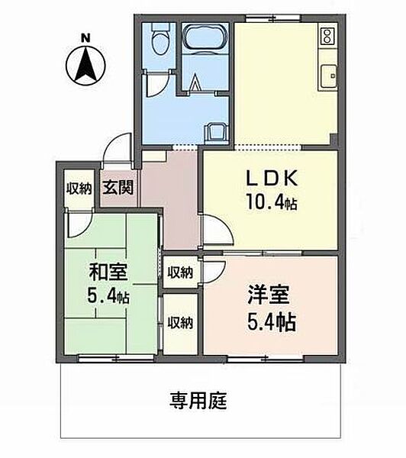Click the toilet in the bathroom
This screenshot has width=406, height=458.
pos(160,40)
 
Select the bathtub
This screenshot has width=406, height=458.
pos(205,37)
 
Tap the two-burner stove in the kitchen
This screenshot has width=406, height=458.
pos(327,36)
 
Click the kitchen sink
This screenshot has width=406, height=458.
pos(329,76)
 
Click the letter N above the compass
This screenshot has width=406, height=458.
pos(85,38)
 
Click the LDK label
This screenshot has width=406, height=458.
pos(272,178)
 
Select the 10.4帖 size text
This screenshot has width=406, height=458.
pos(272,202)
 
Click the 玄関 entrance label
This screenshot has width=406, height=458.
pos(118,187)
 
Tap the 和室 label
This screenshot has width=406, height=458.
pos(108,272)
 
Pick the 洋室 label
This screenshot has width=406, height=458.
pos(269,295)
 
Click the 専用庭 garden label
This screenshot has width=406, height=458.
pos(198,400)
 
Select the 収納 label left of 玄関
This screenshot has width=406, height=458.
pos(79,189)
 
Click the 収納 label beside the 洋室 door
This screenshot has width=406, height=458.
pos(180,273)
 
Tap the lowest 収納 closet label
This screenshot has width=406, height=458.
pos(180,323)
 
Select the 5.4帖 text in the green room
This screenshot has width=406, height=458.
pos(108,295)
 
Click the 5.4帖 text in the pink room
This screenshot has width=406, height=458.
pos(272,321)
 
